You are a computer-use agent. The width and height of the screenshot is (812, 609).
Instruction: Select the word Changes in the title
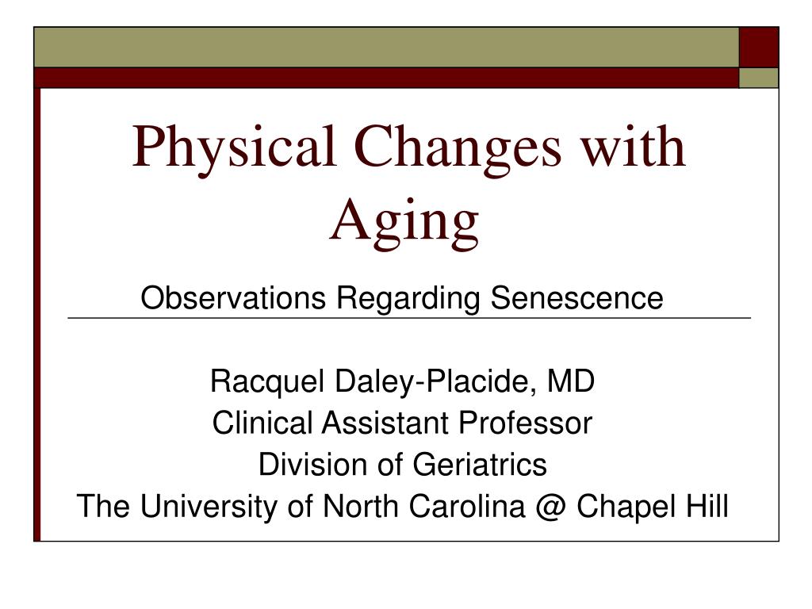point(458,150)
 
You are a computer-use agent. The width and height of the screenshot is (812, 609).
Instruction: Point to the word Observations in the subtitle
point(233,298)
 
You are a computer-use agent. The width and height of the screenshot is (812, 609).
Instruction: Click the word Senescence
point(577,298)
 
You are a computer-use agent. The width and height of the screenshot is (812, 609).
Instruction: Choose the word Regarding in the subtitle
point(408,299)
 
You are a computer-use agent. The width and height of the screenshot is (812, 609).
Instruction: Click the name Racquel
point(267,382)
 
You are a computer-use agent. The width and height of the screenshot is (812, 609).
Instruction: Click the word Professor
point(525,423)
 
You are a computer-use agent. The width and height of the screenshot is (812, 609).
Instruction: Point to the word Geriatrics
point(480,464)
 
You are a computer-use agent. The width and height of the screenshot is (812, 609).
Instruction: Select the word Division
point(313,464)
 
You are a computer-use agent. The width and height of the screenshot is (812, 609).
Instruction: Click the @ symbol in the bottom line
point(550,507)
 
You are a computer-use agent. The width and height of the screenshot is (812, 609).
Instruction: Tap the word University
point(209,506)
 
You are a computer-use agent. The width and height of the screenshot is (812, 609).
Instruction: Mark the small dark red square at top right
point(759,47)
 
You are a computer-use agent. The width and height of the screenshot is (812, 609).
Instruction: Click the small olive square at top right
point(759,78)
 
